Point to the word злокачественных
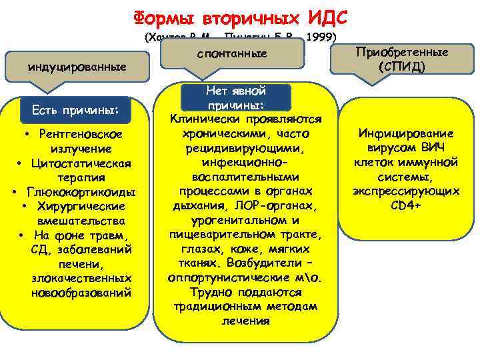[81, 278]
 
